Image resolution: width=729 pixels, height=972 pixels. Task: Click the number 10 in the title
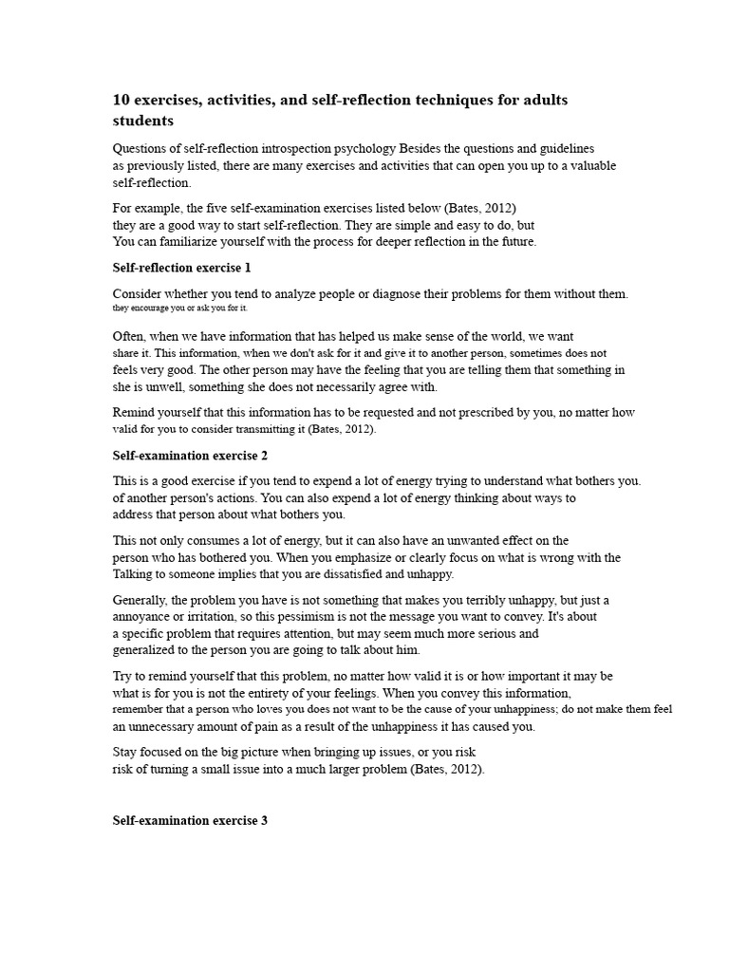121,100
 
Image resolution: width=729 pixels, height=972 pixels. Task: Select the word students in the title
143,121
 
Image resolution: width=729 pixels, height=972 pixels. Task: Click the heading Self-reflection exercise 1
182,268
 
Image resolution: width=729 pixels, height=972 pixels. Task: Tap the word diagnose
404,294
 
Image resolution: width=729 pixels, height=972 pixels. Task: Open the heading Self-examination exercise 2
191,456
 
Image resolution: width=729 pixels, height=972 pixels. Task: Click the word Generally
143,600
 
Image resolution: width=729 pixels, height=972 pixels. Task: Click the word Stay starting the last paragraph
125,752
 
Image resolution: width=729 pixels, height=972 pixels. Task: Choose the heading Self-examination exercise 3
191,820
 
